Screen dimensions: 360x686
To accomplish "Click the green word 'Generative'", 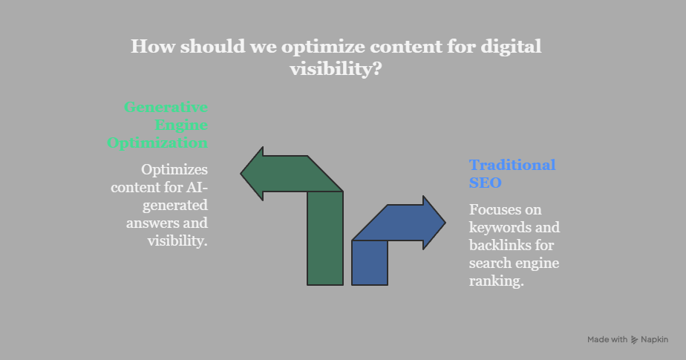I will [166, 107].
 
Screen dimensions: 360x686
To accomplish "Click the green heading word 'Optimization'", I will [157, 143].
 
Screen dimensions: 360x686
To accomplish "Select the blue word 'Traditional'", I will [512, 165].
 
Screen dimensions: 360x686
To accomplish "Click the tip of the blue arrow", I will [443, 222].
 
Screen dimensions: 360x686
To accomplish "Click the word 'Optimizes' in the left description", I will [174, 169].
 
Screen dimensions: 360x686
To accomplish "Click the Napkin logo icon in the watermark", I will [634, 340].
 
